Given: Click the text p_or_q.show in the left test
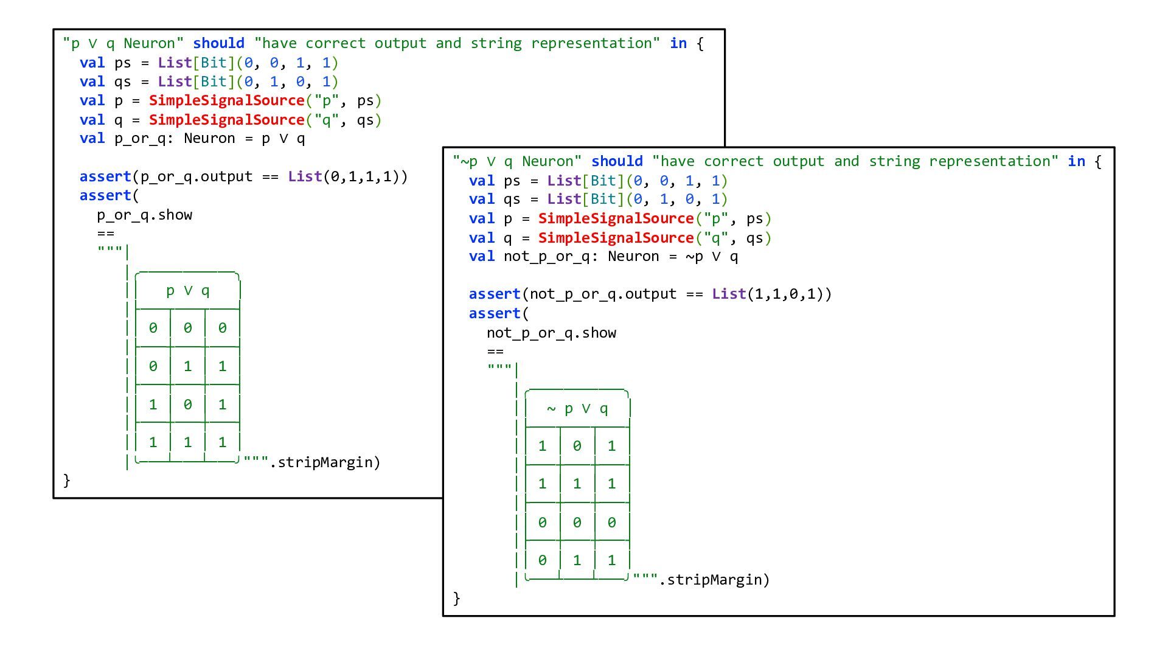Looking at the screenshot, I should [x=145, y=215].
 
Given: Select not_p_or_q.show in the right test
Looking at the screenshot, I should [x=551, y=333].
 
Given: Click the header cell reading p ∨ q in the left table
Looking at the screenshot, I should [x=188, y=291].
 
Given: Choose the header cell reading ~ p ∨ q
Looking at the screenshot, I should [x=577, y=409].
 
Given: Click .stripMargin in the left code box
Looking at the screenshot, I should [x=325, y=462].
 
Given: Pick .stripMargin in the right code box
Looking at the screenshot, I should [x=714, y=580].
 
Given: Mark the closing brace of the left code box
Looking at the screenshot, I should [x=67, y=481].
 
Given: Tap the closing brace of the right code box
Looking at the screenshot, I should [x=457, y=599].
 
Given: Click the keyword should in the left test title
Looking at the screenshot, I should [x=218, y=44].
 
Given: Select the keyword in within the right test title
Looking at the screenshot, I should [x=1076, y=162].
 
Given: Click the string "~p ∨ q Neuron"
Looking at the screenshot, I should [x=517, y=162].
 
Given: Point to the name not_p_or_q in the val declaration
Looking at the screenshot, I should [x=546, y=257].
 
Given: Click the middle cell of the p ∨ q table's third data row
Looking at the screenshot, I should [x=188, y=405].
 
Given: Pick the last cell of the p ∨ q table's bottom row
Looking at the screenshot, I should [x=223, y=442].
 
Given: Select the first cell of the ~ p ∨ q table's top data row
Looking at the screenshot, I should [x=543, y=447].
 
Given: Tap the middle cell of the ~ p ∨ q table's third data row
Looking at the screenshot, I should [x=577, y=523].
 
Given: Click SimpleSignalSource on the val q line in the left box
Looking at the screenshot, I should [x=226, y=120].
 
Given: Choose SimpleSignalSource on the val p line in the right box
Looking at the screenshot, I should [x=616, y=219].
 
